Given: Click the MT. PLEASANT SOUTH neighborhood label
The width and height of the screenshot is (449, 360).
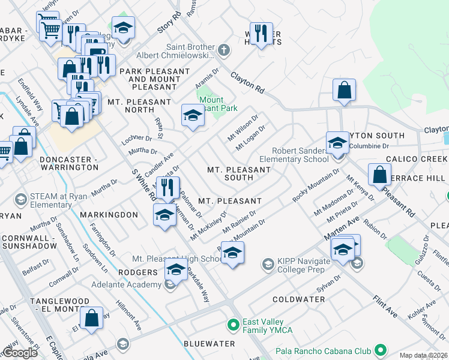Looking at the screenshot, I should click(239, 173).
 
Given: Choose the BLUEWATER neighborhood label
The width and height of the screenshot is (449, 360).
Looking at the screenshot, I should click(209, 344).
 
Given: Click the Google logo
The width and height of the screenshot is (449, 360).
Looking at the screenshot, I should click(20, 353).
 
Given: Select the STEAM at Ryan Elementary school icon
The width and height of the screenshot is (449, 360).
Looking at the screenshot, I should click(20, 199).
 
